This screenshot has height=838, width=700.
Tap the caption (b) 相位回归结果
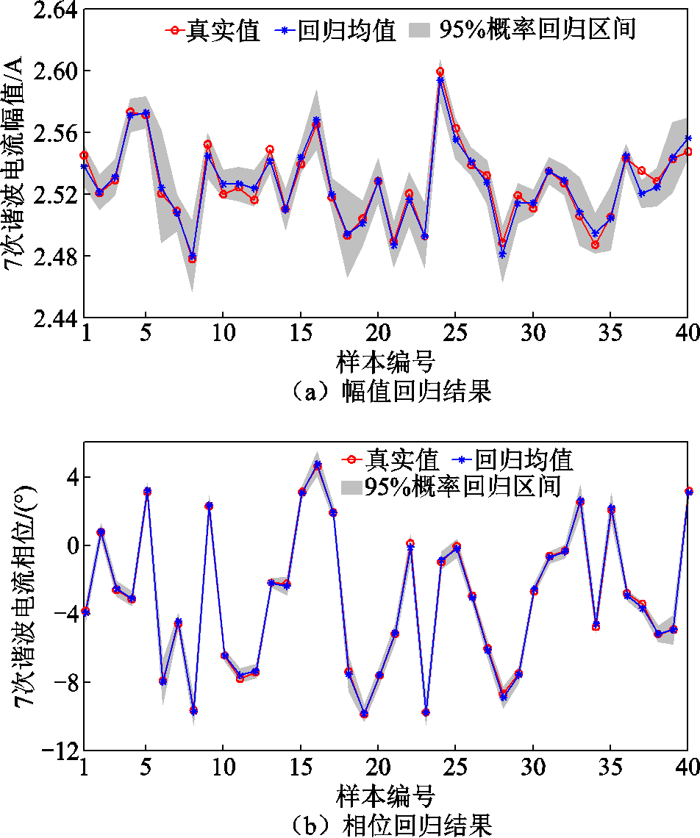(387, 825)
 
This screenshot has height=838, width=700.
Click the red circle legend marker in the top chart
(174, 30)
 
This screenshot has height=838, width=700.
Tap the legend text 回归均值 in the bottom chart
(524, 460)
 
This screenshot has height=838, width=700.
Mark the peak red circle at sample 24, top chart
(440, 72)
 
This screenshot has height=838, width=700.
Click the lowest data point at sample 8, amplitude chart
(192, 258)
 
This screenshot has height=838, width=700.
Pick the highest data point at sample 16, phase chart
(317, 465)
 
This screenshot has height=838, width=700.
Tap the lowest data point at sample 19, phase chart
(363, 714)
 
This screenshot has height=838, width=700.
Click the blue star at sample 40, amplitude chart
(688, 138)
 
